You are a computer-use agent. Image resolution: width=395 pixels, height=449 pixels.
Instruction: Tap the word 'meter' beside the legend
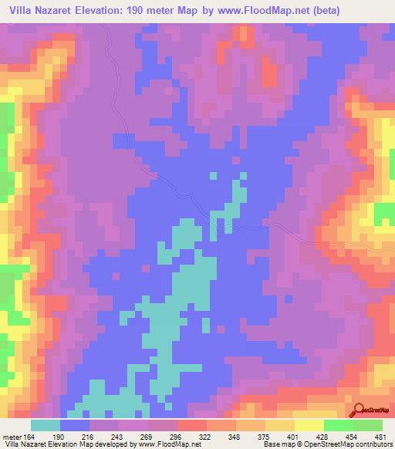coord(12,436)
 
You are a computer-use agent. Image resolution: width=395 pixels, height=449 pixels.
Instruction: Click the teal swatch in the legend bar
coord(46,425)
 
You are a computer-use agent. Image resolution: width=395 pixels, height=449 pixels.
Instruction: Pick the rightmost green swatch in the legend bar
coord(368,425)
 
